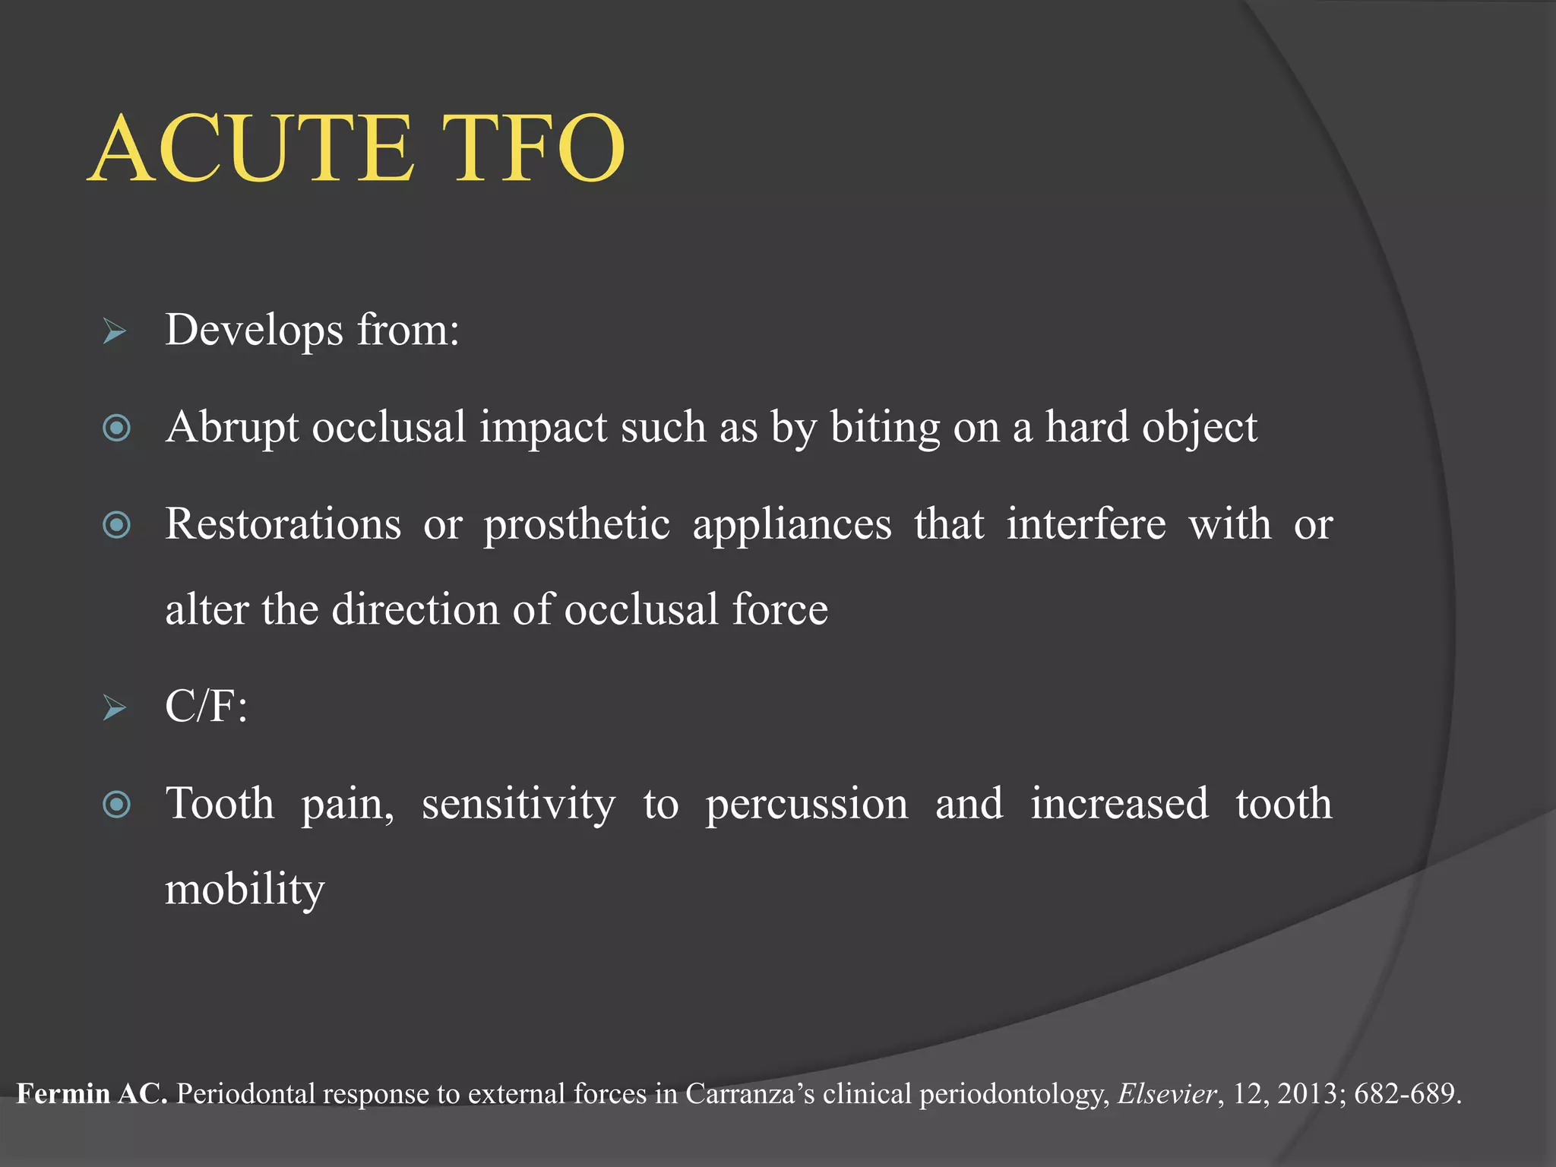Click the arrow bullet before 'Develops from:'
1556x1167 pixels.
(115, 331)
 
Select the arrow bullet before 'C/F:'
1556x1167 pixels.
(115, 707)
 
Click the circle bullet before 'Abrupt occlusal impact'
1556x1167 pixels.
(116, 428)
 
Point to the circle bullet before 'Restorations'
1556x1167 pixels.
(116, 525)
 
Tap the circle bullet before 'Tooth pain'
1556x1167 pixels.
(116, 805)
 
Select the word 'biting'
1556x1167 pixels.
(884, 428)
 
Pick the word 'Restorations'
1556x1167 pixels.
(283, 524)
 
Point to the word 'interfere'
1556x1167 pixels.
(1086, 524)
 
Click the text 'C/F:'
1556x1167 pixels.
(206, 707)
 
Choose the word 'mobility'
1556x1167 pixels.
(245, 889)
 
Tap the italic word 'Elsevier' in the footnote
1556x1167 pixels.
(1167, 1094)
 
